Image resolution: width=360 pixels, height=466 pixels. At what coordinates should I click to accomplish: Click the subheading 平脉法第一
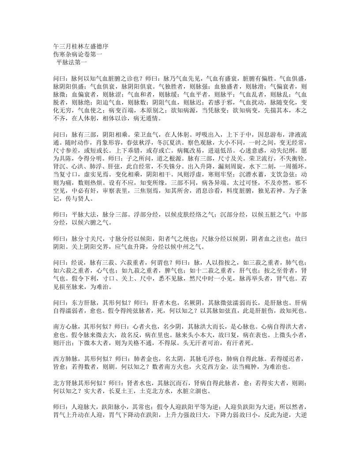pos(72,62)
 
